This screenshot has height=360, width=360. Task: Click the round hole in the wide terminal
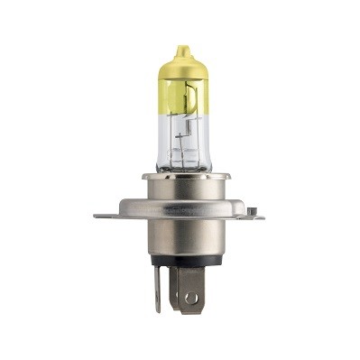(189, 297)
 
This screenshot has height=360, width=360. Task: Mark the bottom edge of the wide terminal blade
(190, 312)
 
